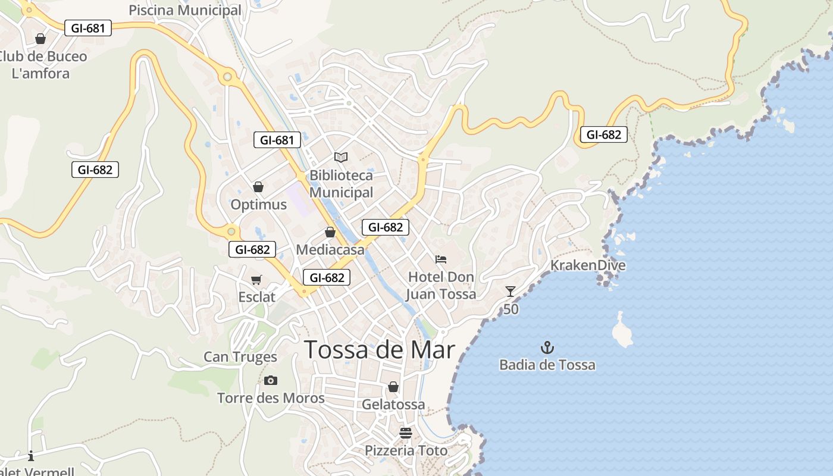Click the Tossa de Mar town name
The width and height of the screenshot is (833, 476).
(x=380, y=350)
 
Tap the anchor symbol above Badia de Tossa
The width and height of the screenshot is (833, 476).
(x=547, y=347)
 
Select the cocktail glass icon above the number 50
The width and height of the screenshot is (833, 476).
(x=511, y=291)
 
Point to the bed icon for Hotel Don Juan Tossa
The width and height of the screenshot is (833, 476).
(x=441, y=259)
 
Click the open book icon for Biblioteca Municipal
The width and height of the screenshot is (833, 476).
(x=341, y=157)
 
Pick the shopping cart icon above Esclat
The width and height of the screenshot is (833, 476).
(x=256, y=280)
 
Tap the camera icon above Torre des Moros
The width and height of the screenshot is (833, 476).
(x=271, y=380)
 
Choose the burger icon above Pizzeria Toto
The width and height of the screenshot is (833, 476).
(x=406, y=433)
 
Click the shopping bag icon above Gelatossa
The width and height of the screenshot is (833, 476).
(x=393, y=387)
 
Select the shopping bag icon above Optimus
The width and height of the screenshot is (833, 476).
(x=258, y=187)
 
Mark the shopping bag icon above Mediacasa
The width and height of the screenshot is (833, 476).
(x=330, y=232)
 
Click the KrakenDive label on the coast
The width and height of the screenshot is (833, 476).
(x=588, y=265)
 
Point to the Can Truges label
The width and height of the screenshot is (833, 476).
(x=240, y=357)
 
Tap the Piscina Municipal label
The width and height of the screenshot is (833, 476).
(x=185, y=10)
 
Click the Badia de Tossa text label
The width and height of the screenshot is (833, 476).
(x=547, y=365)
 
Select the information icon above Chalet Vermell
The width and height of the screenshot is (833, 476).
(x=31, y=456)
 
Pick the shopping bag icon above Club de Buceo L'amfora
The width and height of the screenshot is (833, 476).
(x=40, y=39)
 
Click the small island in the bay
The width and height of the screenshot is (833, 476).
(x=622, y=330)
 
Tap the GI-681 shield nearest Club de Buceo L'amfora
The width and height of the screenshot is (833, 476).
(x=87, y=28)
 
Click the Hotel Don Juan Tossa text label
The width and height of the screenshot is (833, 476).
(x=441, y=286)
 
